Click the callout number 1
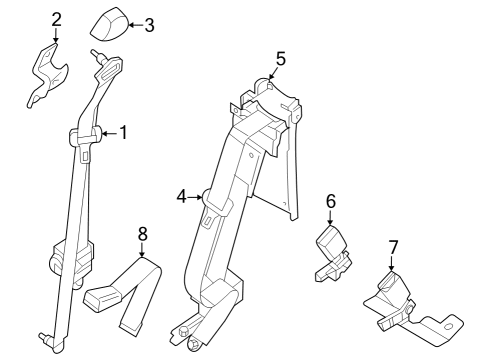tap(124, 132)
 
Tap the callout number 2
tap(56, 18)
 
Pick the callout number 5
tap(281, 59)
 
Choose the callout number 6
tap(330, 202)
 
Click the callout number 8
tap(142, 234)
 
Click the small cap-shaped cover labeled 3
tap(111, 22)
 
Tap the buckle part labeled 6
tap(332, 250)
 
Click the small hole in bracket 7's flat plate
tap(449, 322)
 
